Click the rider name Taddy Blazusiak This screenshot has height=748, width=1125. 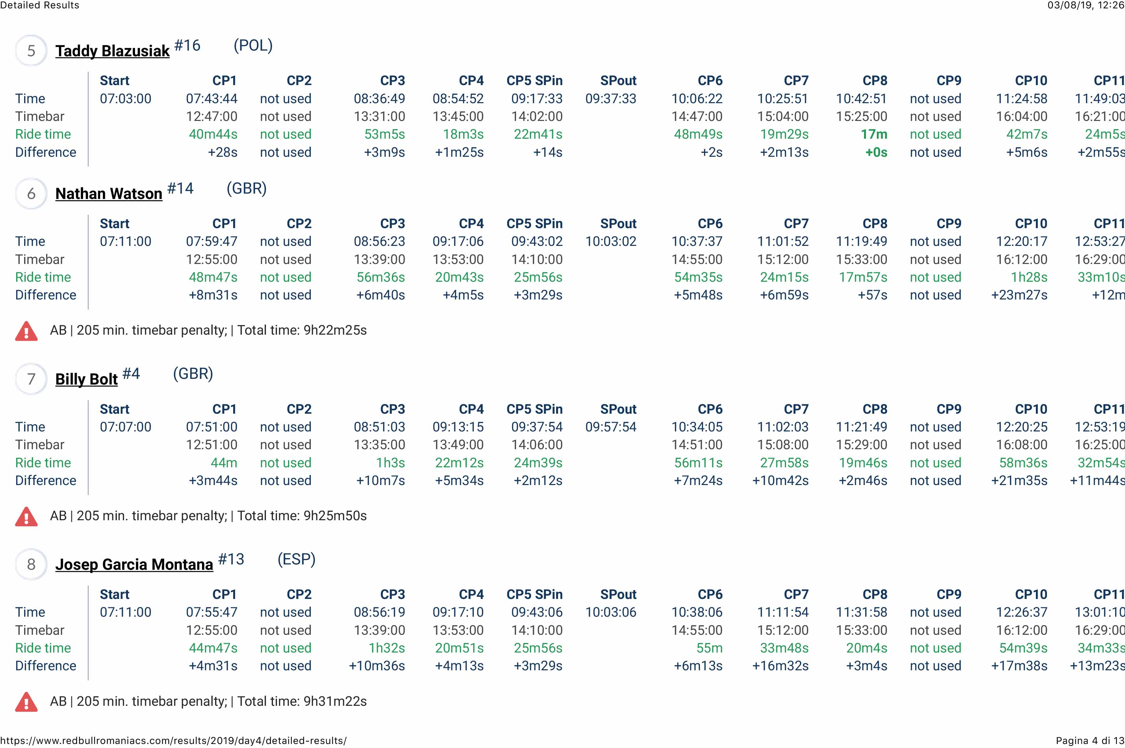click(112, 51)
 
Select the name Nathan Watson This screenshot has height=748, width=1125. click(109, 194)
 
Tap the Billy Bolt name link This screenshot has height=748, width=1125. click(86, 379)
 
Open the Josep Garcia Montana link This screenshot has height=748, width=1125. click(134, 564)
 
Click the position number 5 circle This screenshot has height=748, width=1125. click(31, 51)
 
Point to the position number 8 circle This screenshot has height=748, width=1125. click(31, 564)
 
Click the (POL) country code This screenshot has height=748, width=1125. click(253, 46)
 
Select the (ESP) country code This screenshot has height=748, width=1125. click(296, 559)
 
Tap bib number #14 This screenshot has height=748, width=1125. click(180, 189)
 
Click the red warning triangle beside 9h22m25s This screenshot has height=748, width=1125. click(26, 331)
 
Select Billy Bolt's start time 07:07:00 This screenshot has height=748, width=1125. click(126, 427)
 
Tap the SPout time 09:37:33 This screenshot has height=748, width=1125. click(611, 99)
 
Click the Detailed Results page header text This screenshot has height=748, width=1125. click(40, 5)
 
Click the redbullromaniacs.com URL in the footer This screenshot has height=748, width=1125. click(173, 741)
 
